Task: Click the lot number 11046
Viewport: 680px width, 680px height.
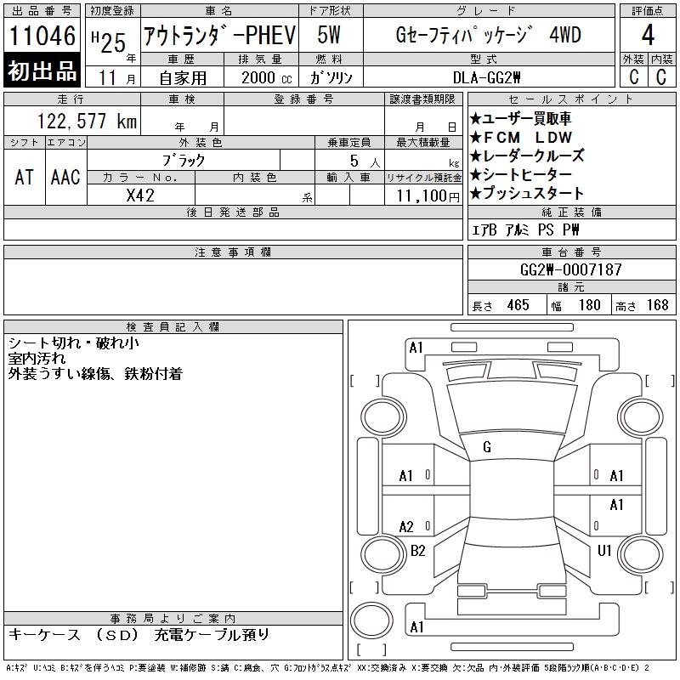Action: click(x=42, y=35)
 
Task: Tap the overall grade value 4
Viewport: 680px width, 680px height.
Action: click(x=648, y=35)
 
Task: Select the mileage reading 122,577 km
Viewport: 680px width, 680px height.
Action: click(x=87, y=121)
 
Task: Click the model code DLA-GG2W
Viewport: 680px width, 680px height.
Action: click(x=486, y=77)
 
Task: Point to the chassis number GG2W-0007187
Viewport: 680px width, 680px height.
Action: click(x=570, y=269)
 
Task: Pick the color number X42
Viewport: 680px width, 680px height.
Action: click(x=140, y=195)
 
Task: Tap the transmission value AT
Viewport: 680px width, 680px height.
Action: click(x=25, y=177)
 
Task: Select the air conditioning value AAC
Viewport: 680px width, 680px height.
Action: click(x=65, y=177)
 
